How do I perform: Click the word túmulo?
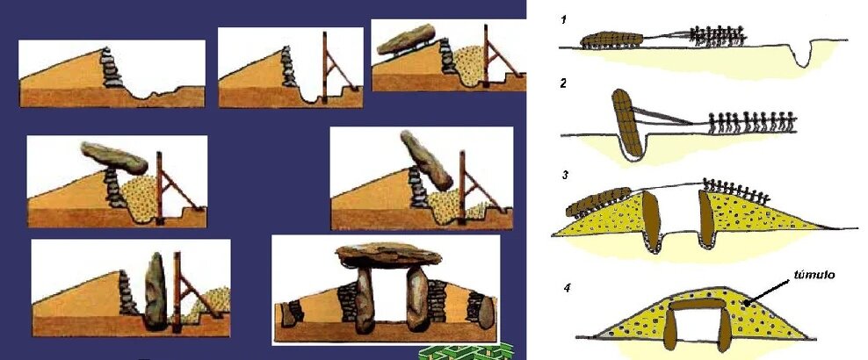click(814, 274)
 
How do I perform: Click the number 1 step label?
click(563, 20)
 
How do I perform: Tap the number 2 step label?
click(563, 84)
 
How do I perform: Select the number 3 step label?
click(565, 176)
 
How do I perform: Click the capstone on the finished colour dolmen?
click(388, 255)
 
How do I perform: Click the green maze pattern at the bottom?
click(467, 352)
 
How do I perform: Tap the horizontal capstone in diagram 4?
click(696, 305)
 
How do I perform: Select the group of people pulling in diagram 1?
click(718, 35)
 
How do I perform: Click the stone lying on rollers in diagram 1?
click(611, 40)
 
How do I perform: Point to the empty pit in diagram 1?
click(804, 53)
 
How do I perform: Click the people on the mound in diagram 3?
click(736, 190)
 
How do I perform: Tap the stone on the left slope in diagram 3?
click(598, 202)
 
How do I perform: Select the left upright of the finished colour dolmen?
click(365, 299)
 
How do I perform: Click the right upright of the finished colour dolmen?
click(418, 299)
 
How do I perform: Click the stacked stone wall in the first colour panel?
click(112, 68)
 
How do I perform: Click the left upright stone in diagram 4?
click(669, 329)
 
